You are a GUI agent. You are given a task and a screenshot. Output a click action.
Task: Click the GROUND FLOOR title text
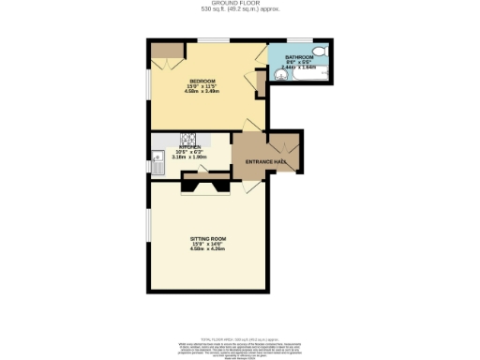tap(239, 4)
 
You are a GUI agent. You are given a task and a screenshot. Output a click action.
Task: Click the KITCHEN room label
tap(190, 147)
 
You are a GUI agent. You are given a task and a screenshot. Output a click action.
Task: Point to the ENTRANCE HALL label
tap(265, 162)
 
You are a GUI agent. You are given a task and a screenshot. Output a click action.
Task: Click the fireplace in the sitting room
tap(206, 186)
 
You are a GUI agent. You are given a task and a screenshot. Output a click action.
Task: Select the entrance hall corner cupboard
tap(288, 147)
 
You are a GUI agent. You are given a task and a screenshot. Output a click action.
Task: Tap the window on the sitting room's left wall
tap(147, 229)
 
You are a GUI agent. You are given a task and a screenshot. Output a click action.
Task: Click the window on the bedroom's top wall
tap(210, 40)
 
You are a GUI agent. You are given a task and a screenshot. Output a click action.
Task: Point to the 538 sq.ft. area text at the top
tap(239, 10)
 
